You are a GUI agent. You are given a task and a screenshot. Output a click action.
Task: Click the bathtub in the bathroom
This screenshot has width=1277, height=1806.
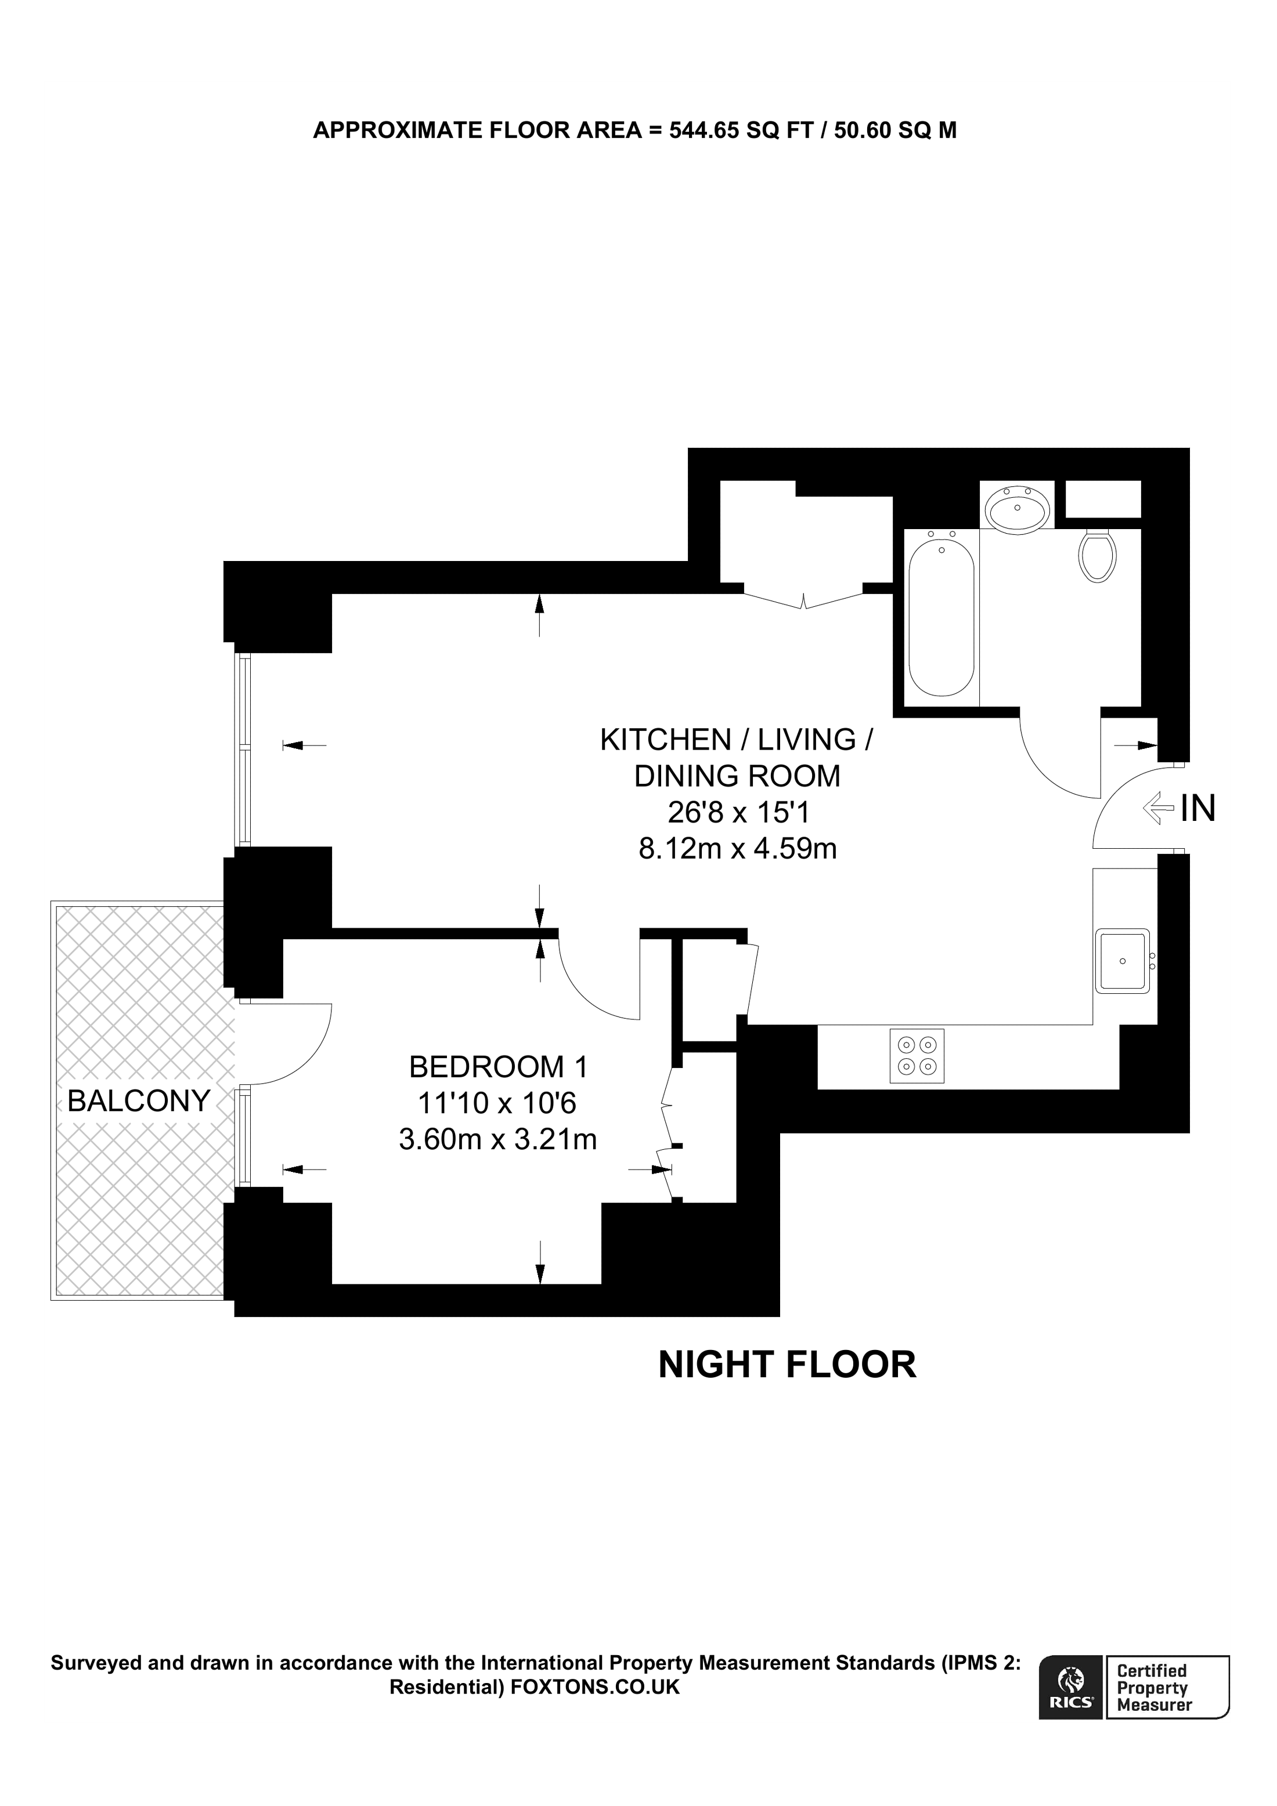coord(941,614)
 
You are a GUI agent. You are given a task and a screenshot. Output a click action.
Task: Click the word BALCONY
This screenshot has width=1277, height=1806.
coord(139,1101)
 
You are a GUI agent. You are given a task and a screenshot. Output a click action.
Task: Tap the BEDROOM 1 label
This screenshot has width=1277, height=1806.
coord(498,1067)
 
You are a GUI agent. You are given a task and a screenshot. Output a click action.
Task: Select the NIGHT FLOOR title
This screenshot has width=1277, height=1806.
coord(787,1365)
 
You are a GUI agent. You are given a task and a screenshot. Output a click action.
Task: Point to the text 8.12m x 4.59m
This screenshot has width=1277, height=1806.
coord(737,849)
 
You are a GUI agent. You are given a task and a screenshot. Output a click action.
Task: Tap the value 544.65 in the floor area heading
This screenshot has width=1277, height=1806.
coord(704,130)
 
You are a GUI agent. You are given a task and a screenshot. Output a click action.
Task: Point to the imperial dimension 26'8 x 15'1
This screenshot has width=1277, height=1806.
coord(737,812)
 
